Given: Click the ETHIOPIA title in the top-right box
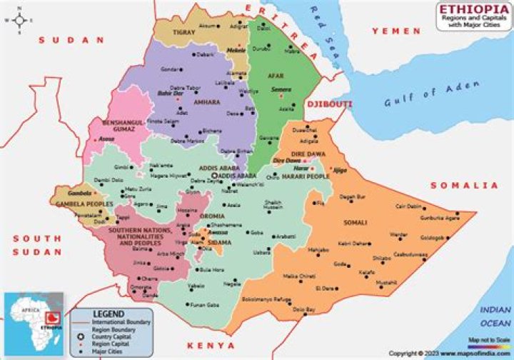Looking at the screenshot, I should pyautogui.click(x=473, y=9).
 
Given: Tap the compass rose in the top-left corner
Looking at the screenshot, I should pyautogui.click(x=19, y=20).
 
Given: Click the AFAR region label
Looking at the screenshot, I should pyautogui.click(x=276, y=74).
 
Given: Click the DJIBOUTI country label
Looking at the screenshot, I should pyautogui.click(x=329, y=104).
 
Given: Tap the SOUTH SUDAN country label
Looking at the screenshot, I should pyautogui.click(x=36, y=245).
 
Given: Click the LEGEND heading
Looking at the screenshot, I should pyautogui.click(x=109, y=314).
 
